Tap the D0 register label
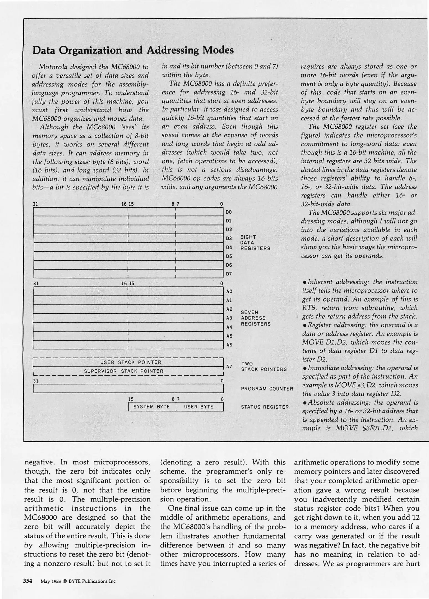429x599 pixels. pos(229,212)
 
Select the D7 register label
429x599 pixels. pos(229,274)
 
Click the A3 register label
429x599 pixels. pos(229,318)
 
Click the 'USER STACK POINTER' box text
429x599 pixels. pos(131,362)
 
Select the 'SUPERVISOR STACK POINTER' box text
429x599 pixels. pos(124,371)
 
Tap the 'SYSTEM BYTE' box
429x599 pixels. pos(152,407)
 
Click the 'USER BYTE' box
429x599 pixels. pos(199,407)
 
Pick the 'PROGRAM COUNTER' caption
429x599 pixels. pos(267,389)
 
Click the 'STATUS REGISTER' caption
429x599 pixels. pos(265,407)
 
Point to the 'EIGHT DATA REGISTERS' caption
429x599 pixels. pos(255,243)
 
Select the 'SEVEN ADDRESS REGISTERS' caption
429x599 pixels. pos(256,318)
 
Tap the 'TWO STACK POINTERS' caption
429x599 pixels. pos(264,367)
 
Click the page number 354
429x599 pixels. pos(28,581)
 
